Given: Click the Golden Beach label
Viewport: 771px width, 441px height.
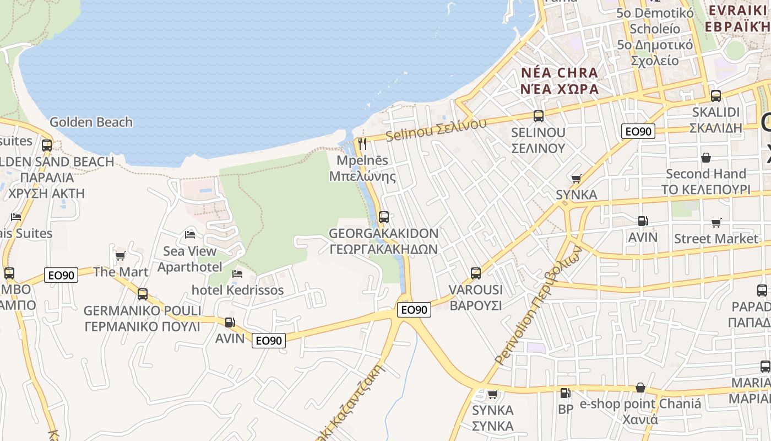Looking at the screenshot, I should [91, 122].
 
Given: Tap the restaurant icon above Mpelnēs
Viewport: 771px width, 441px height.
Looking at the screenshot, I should [362, 144].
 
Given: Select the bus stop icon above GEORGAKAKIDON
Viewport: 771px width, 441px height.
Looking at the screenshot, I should [384, 217].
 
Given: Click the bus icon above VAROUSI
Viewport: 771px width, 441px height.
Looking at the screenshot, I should [476, 273].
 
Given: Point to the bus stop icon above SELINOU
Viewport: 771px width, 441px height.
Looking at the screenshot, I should [539, 116].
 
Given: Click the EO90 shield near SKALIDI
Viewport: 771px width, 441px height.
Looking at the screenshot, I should [638, 131].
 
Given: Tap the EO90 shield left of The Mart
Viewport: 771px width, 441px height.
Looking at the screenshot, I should [61, 275].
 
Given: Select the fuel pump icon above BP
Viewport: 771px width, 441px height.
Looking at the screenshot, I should [565, 393].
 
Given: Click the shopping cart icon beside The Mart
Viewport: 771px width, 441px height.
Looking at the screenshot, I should [120, 256].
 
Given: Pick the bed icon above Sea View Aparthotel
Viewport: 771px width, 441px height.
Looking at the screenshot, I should [190, 235].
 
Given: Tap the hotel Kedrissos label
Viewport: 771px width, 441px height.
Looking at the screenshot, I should [237, 290].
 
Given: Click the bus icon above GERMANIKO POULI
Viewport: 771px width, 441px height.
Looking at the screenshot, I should [143, 294].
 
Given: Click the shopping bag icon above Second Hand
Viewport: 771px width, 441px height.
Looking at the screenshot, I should [706, 158].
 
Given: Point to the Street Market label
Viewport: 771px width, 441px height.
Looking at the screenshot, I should [716, 239].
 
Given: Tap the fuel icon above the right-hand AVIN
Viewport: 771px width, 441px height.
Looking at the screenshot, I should [643, 221].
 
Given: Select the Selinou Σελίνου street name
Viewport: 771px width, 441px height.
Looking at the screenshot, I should [436, 128].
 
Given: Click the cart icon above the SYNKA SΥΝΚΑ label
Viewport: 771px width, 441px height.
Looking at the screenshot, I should [493, 394].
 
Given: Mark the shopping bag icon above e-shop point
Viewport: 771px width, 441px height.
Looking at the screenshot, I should [640, 388].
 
